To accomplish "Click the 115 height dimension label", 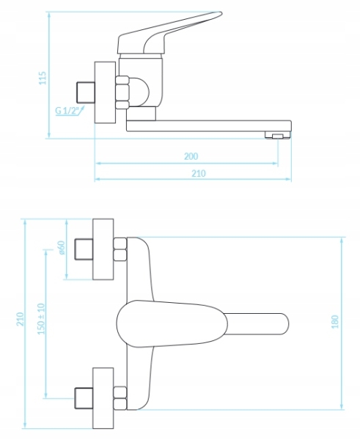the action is point(43,78).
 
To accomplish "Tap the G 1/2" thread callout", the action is point(67,111).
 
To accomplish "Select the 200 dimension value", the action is point(191,156).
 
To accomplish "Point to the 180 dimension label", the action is point(335,322).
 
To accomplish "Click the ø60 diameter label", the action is point(62,248).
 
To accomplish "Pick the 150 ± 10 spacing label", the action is point(41,319).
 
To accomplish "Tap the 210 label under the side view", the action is point(199,173).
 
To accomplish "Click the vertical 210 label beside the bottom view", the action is point(21,319).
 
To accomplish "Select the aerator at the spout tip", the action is point(277,136).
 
